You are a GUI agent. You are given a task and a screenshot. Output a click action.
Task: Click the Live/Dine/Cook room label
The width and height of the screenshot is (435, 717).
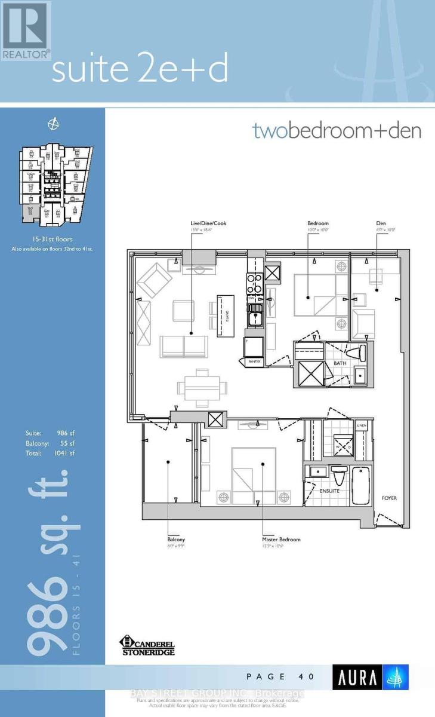205,223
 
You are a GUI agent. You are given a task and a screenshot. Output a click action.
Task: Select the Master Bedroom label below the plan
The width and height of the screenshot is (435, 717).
281,540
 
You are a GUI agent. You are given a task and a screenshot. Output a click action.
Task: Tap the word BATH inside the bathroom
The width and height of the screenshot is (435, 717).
340,363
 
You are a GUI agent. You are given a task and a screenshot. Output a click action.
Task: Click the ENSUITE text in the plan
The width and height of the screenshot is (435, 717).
329,491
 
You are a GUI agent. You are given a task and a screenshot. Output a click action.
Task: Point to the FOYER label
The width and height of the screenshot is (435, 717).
389,498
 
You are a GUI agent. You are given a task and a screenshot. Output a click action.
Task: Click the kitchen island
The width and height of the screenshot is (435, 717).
225,310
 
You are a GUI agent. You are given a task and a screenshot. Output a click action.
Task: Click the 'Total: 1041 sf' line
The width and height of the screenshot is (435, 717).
52,454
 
